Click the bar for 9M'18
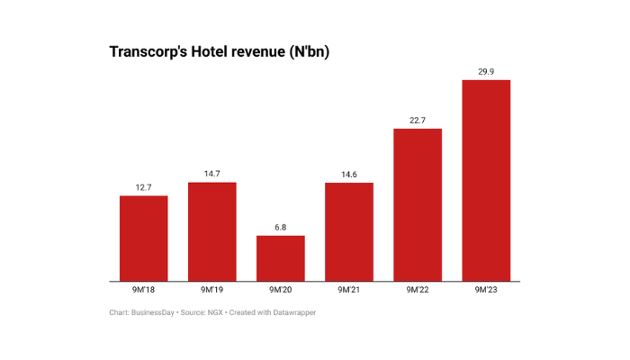pyautogui.click(x=144, y=238)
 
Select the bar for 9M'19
pyautogui.click(x=212, y=231)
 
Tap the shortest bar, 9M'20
pyautogui.click(x=281, y=258)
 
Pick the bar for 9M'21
pyautogui.click(x=349, y=232)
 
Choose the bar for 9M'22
pyautogui.click(x=418, y=205)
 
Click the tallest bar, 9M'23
pyautogui.click(x=486, y=181)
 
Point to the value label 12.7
pyautogui.click(x=144, y=187)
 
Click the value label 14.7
pyautogui.click(x=212, y=174)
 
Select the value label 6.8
pyautogui.click(x=281, y=227)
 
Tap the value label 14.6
pyautogui.click(x=349, y=175)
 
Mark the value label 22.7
pyautogui.click(x=418, y=121)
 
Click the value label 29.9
pyautogui.click(x=486, y=72)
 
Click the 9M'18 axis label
pyautogui.click(x=144, y=291)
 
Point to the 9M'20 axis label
pyautogui.click(x=281, y=291)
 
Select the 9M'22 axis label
pyautogui.click(x=418, y=291)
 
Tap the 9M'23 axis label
pyautogui.click(x=486, y=291)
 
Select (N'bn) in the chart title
pyautogui.click(x=307, y=52)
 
